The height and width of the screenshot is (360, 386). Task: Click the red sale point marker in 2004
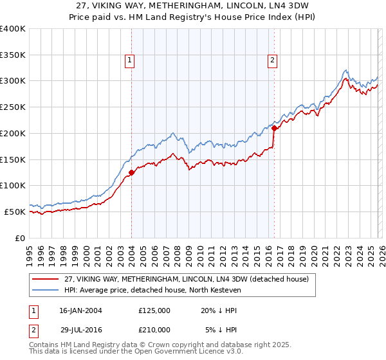(131, 172)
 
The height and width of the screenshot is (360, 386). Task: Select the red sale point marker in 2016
(274, 128)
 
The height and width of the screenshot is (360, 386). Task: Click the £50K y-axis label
(14, 212)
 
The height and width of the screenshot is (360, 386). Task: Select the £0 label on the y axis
(19, 238)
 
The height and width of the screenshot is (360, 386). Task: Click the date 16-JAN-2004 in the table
(80, 310)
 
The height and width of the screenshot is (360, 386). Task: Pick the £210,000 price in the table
(154, 330)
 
